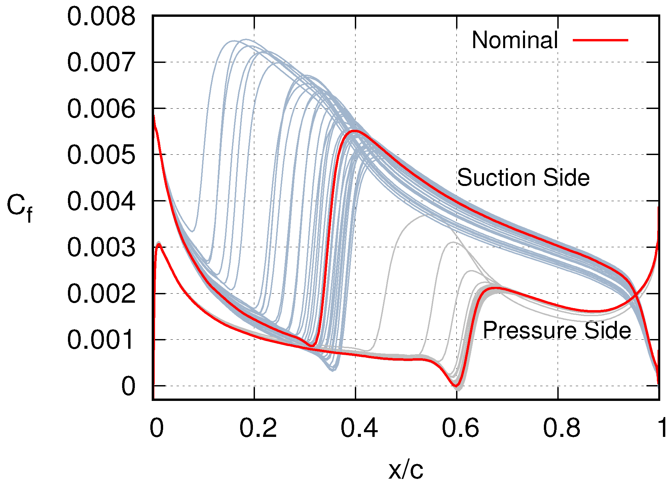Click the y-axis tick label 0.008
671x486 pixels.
click(101, 17)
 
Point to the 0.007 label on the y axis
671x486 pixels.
click(101, 63)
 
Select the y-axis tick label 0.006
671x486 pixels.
click(101, 109)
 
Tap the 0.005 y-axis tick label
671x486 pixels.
click(101, 155)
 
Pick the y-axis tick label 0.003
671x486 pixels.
click(101, 248)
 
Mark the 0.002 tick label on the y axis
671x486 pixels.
click(101, 294)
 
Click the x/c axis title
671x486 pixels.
click(406, 470)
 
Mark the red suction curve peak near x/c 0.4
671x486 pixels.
click(354, 131)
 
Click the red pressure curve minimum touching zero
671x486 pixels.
click(455, 385)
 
